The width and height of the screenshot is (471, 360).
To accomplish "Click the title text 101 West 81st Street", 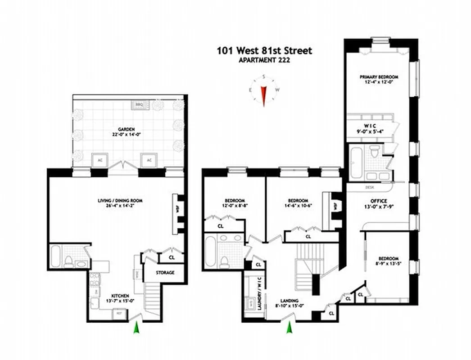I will tap(264, 50).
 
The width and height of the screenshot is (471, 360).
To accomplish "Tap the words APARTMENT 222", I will tap(264, 60).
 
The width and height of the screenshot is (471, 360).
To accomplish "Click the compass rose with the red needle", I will tap(263, 90).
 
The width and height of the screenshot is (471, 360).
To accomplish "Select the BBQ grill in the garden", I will tap(139, 105).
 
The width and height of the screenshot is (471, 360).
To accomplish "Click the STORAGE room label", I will tap(165, 273).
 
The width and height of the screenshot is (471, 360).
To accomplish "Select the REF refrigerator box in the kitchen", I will tap(119, 315).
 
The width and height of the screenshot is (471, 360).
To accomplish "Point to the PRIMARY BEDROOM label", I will tap(378, 77).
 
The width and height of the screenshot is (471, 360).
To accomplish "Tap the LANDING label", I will tap(288, 301).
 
